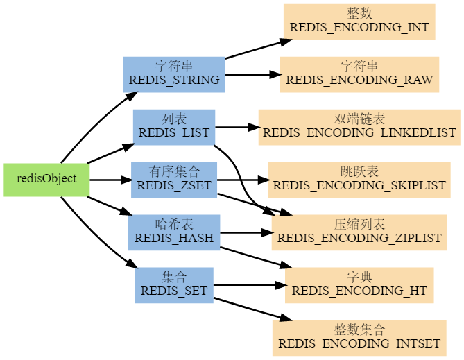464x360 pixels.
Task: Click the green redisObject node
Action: point(46,180)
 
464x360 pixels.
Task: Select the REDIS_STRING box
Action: point(174,74)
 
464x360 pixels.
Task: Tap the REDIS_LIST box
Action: point(174,127)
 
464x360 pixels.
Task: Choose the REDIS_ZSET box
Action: point(174,180)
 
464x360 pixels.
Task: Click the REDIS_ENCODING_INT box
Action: point(359,22)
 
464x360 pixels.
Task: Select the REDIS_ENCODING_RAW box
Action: point(359,74)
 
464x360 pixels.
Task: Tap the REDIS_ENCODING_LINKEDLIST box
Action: point(359,127)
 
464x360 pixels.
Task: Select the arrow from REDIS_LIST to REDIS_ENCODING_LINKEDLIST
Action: point(237,127)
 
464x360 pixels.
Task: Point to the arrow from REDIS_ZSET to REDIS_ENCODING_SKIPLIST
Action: point(243,180)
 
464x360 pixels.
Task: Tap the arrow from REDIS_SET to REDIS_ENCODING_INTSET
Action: point(250,309)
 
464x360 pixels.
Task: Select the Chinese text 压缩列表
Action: point(359,225)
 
